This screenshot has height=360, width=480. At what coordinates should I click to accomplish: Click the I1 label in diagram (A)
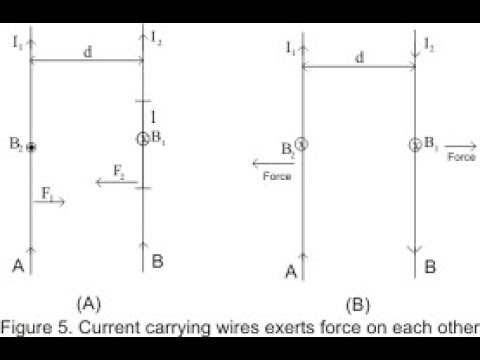point(18,42)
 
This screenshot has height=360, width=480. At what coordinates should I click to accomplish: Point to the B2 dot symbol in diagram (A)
point(32,147)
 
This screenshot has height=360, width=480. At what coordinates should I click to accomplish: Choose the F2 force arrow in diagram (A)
point(109,181)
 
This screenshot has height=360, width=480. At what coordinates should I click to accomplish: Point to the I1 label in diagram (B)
point(290,47)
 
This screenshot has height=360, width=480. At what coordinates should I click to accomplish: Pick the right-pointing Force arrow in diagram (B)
point(460,146)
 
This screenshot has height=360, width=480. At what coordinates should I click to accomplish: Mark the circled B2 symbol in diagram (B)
point(302,145)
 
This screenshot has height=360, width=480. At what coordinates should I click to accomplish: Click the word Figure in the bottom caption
point(29,326)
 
